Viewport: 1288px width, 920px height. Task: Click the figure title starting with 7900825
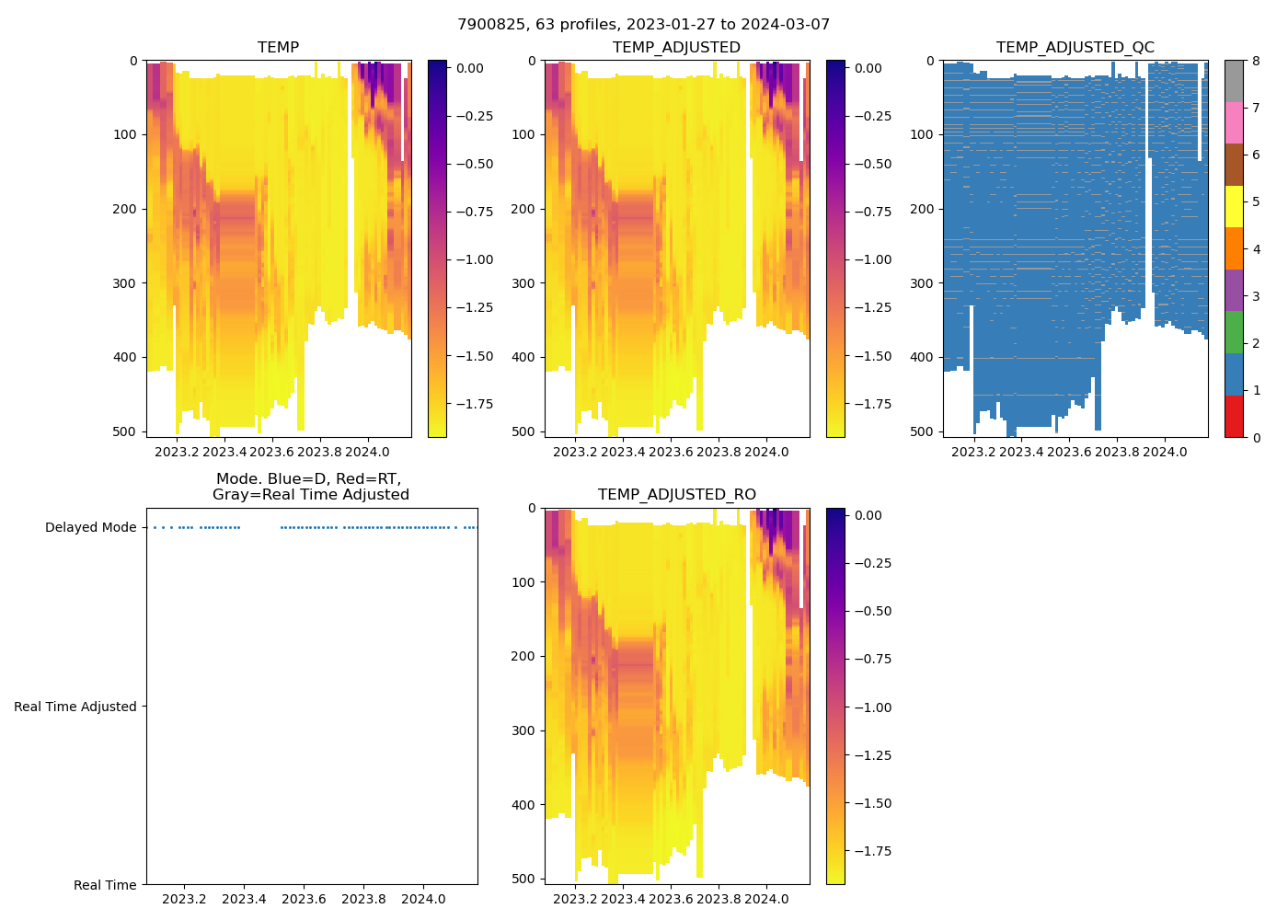pos(643,24)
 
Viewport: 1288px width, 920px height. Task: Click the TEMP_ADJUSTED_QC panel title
pos(1075,47)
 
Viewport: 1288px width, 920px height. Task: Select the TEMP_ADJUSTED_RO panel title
pos(676,494)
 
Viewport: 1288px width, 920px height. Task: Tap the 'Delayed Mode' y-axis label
pos(90,527)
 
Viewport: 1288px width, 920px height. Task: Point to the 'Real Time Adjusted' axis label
pos(75,707)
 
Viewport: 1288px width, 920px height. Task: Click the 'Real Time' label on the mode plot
pos(105,885)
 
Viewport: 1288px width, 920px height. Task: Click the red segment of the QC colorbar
pos(1234,416)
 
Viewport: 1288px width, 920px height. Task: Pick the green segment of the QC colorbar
pos(1234,332)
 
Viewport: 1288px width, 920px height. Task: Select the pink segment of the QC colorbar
pos(1234,122)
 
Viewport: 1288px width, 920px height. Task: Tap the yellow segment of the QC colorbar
pos(1234,206)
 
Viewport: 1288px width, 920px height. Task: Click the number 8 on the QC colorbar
pos(1255,61)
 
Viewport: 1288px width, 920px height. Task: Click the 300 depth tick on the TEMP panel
pos(127,283)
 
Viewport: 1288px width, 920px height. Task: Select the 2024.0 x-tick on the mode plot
pos(423,899)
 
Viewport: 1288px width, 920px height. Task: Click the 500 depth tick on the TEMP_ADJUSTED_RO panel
pos(525,879)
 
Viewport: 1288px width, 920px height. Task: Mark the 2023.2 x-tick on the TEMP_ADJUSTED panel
pos(575,452)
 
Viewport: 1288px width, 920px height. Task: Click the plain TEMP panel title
pos(278,47)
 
